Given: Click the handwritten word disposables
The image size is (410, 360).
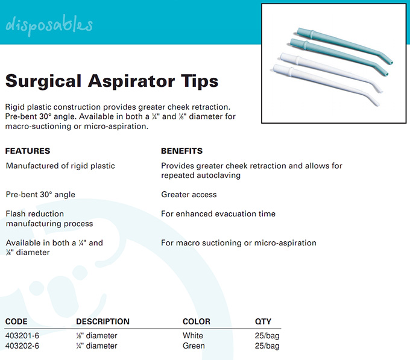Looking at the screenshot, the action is point(49,25).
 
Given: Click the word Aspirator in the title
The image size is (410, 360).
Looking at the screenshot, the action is point(131,81).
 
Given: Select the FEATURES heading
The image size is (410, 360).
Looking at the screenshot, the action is point(28,151).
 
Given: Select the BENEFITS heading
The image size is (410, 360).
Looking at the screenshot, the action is point(181,151).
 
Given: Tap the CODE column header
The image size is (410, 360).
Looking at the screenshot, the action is point(16,321).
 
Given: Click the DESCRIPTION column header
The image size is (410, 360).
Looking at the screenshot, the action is point(102,321).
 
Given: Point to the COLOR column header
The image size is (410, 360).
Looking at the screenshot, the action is point(197,321).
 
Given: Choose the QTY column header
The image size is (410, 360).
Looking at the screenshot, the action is point(263,321).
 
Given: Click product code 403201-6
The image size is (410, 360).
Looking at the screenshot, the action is point(22,335).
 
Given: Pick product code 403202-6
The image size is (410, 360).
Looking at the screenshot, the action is point(22,346).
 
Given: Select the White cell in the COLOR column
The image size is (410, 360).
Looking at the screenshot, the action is point(193,335).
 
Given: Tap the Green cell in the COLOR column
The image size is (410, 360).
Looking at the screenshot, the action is point(194,346).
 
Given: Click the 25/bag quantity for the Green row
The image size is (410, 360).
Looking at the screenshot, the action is point(267,346).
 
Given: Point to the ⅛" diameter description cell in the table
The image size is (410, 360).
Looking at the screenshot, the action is point(96,335).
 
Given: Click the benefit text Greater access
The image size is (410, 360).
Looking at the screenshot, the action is point(189,195).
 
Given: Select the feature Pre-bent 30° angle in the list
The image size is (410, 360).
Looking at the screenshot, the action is point(40,195).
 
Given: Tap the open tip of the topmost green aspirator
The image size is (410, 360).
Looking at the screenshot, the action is point(391,63).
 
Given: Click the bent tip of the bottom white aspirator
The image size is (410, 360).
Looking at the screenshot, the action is point(377,104).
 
